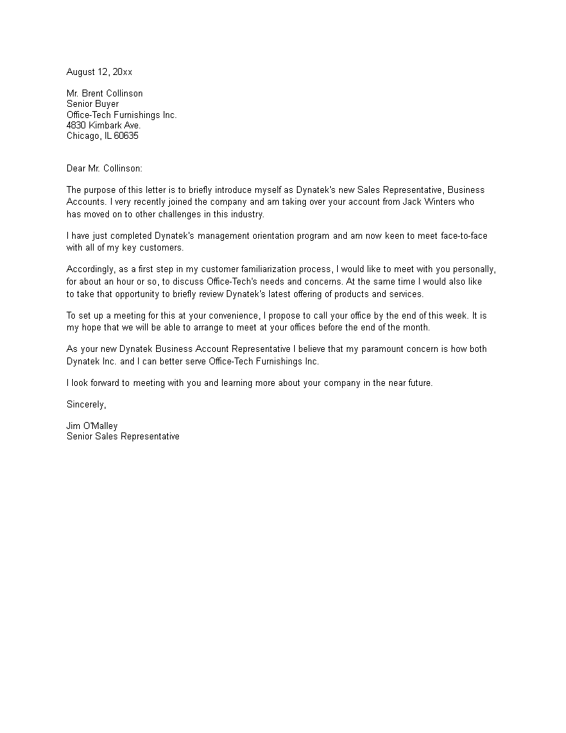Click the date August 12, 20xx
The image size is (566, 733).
tap(99, 72)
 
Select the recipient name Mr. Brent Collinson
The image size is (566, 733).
tap(105, 94)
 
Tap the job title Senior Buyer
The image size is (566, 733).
tap(92, 104)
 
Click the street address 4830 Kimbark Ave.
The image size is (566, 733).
tap(103, 126)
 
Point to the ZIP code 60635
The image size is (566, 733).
tap(126, 136)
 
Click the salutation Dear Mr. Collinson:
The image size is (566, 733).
tap(104, 169)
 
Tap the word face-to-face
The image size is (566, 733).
tap(463, 236)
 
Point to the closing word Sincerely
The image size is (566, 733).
tap(87, 404)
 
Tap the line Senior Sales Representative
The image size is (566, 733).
tap(123, 437)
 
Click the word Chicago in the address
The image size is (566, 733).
tap(83, 136)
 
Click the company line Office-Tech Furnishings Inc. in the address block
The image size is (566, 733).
tap(121, 115)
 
